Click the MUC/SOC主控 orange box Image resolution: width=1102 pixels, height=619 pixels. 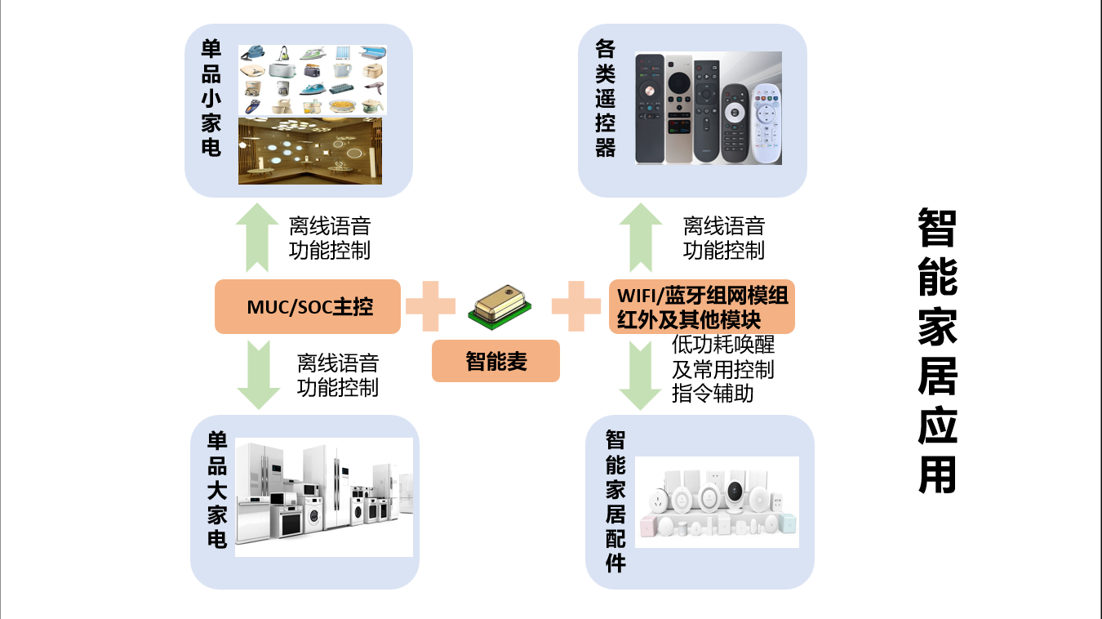pyautogui.click(x=308, y=306)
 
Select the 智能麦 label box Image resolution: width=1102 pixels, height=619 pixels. pyautogui.click(x=495, y=361)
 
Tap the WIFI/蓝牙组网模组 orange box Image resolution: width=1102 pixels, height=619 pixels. pyautogui.click(x=702, y=306)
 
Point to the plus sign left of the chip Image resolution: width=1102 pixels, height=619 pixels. pyautogui.click(x=430, y=306)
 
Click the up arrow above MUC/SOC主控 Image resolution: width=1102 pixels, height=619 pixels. pyautogui.click(x=257, y=238)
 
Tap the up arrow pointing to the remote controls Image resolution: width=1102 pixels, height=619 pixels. pyautogui.click(x=641, y=238)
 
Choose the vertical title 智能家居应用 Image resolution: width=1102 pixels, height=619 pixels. pyautogui.click(x=937, y=350)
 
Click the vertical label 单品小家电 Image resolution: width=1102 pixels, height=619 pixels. pyautogui.click(x=211, y=98)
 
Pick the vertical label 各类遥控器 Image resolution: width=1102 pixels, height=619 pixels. pyautogui.click(x=605, y=99)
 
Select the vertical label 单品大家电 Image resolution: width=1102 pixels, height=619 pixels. pyautogui.click(x=216, y=490)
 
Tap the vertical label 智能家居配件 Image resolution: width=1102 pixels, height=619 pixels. pyautogui.click(x=615, y=501)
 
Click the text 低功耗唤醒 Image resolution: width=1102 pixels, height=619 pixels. pyautogui.click(x=722, y=345)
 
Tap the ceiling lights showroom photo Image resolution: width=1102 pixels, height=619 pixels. pyautogui.click(x=311, y=151)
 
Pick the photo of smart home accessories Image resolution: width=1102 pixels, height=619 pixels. pyautogui.click(x=717, y=502)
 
